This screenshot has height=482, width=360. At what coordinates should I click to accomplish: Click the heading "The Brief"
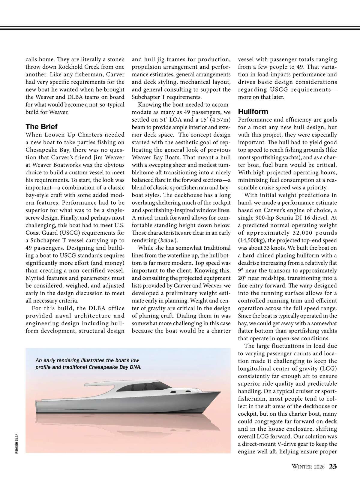tap(41, 126)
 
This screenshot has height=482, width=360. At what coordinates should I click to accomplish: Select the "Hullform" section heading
tap(253, 111)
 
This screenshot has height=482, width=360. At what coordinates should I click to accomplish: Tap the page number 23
tap(333, 466)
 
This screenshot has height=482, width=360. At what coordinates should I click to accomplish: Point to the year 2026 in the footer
tap(319, 467)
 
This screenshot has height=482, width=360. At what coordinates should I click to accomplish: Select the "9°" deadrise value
tap(241, 270)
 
